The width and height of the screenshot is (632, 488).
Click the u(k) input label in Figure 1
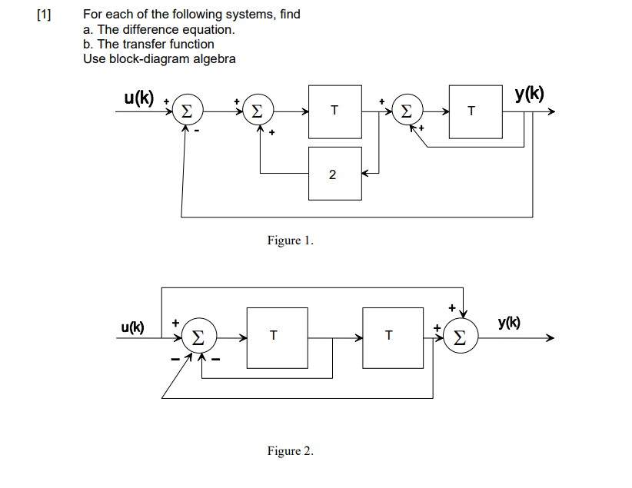[x=138, y=98]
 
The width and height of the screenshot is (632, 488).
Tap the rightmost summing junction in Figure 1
[x=407, y=111]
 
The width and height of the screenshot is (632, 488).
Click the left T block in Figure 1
[x=334, y=111]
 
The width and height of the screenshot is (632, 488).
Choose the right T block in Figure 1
[x=475, y=111]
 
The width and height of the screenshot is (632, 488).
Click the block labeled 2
[x=334, y=174]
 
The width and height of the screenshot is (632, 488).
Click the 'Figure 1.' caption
[x=290, y=241]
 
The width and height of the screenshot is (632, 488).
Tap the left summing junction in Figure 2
[x=200, y=337]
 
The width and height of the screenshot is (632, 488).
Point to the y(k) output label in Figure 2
[x=510, y=323]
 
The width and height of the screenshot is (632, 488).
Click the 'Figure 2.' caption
[x=290, y=451]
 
